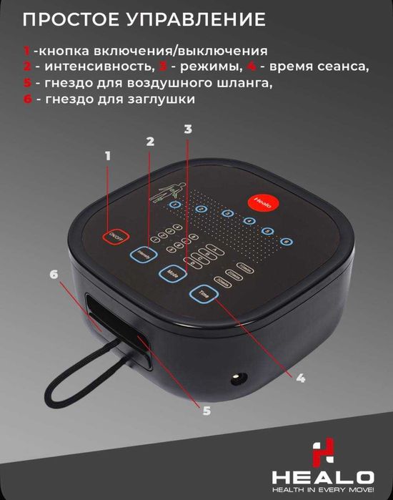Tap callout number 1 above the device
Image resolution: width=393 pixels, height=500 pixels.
coord(109,155)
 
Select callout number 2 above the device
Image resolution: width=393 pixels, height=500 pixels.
coord(150,142)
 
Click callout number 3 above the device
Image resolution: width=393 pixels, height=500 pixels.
coord(187,129)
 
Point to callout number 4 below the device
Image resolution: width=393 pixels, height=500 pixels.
coord(301,377)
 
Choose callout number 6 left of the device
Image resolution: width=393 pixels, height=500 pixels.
coord(52,274)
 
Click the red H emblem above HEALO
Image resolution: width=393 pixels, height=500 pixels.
coord(324,452)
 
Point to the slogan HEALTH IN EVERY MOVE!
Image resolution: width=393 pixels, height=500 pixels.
coord(324,491)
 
